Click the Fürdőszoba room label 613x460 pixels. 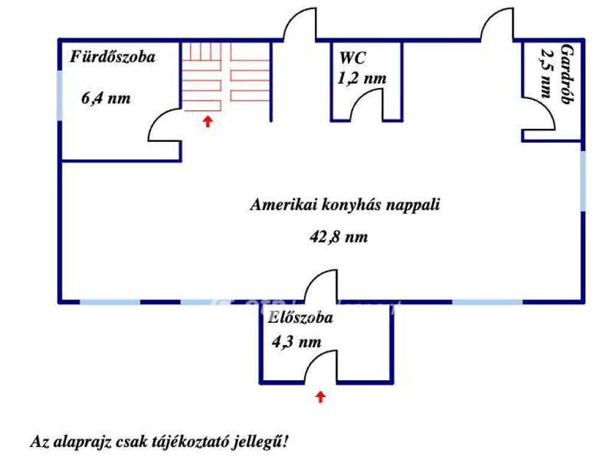[x=113, y=57]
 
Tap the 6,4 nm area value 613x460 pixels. [x=106, y=99]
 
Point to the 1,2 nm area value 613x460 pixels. [x=362, y=78]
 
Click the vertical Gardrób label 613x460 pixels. [x=565, y=75]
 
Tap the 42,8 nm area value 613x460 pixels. [x=338, y=237]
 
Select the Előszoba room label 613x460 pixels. [x=301, y=318]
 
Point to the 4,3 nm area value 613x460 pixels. [x=296, y=342]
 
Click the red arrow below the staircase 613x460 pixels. [x=208, y=122]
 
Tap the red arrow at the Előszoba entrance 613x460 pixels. [x=321, y=396]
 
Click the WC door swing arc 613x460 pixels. [x=365, y=102]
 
